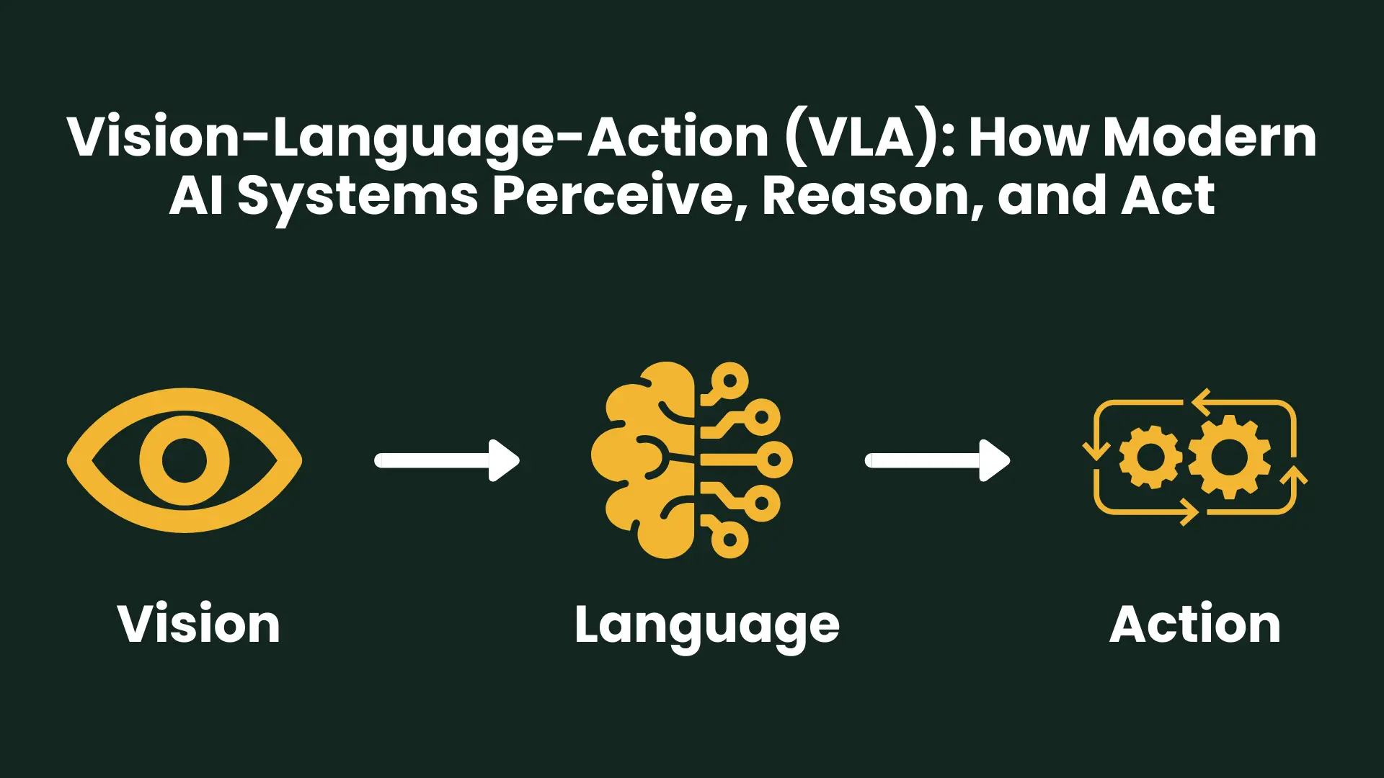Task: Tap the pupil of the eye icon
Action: [x=185, y=460]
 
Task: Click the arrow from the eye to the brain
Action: [x=447, y=460]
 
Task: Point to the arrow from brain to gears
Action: [x=937, y=460]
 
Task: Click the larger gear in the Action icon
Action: [x=1229, y=457]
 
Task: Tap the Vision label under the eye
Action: [x=199, y=624]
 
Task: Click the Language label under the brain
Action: [x=707, y=625]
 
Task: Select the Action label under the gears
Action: [x=1195, y=624]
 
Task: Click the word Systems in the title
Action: [x=358, y=196]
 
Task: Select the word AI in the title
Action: [x=196, y=196]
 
